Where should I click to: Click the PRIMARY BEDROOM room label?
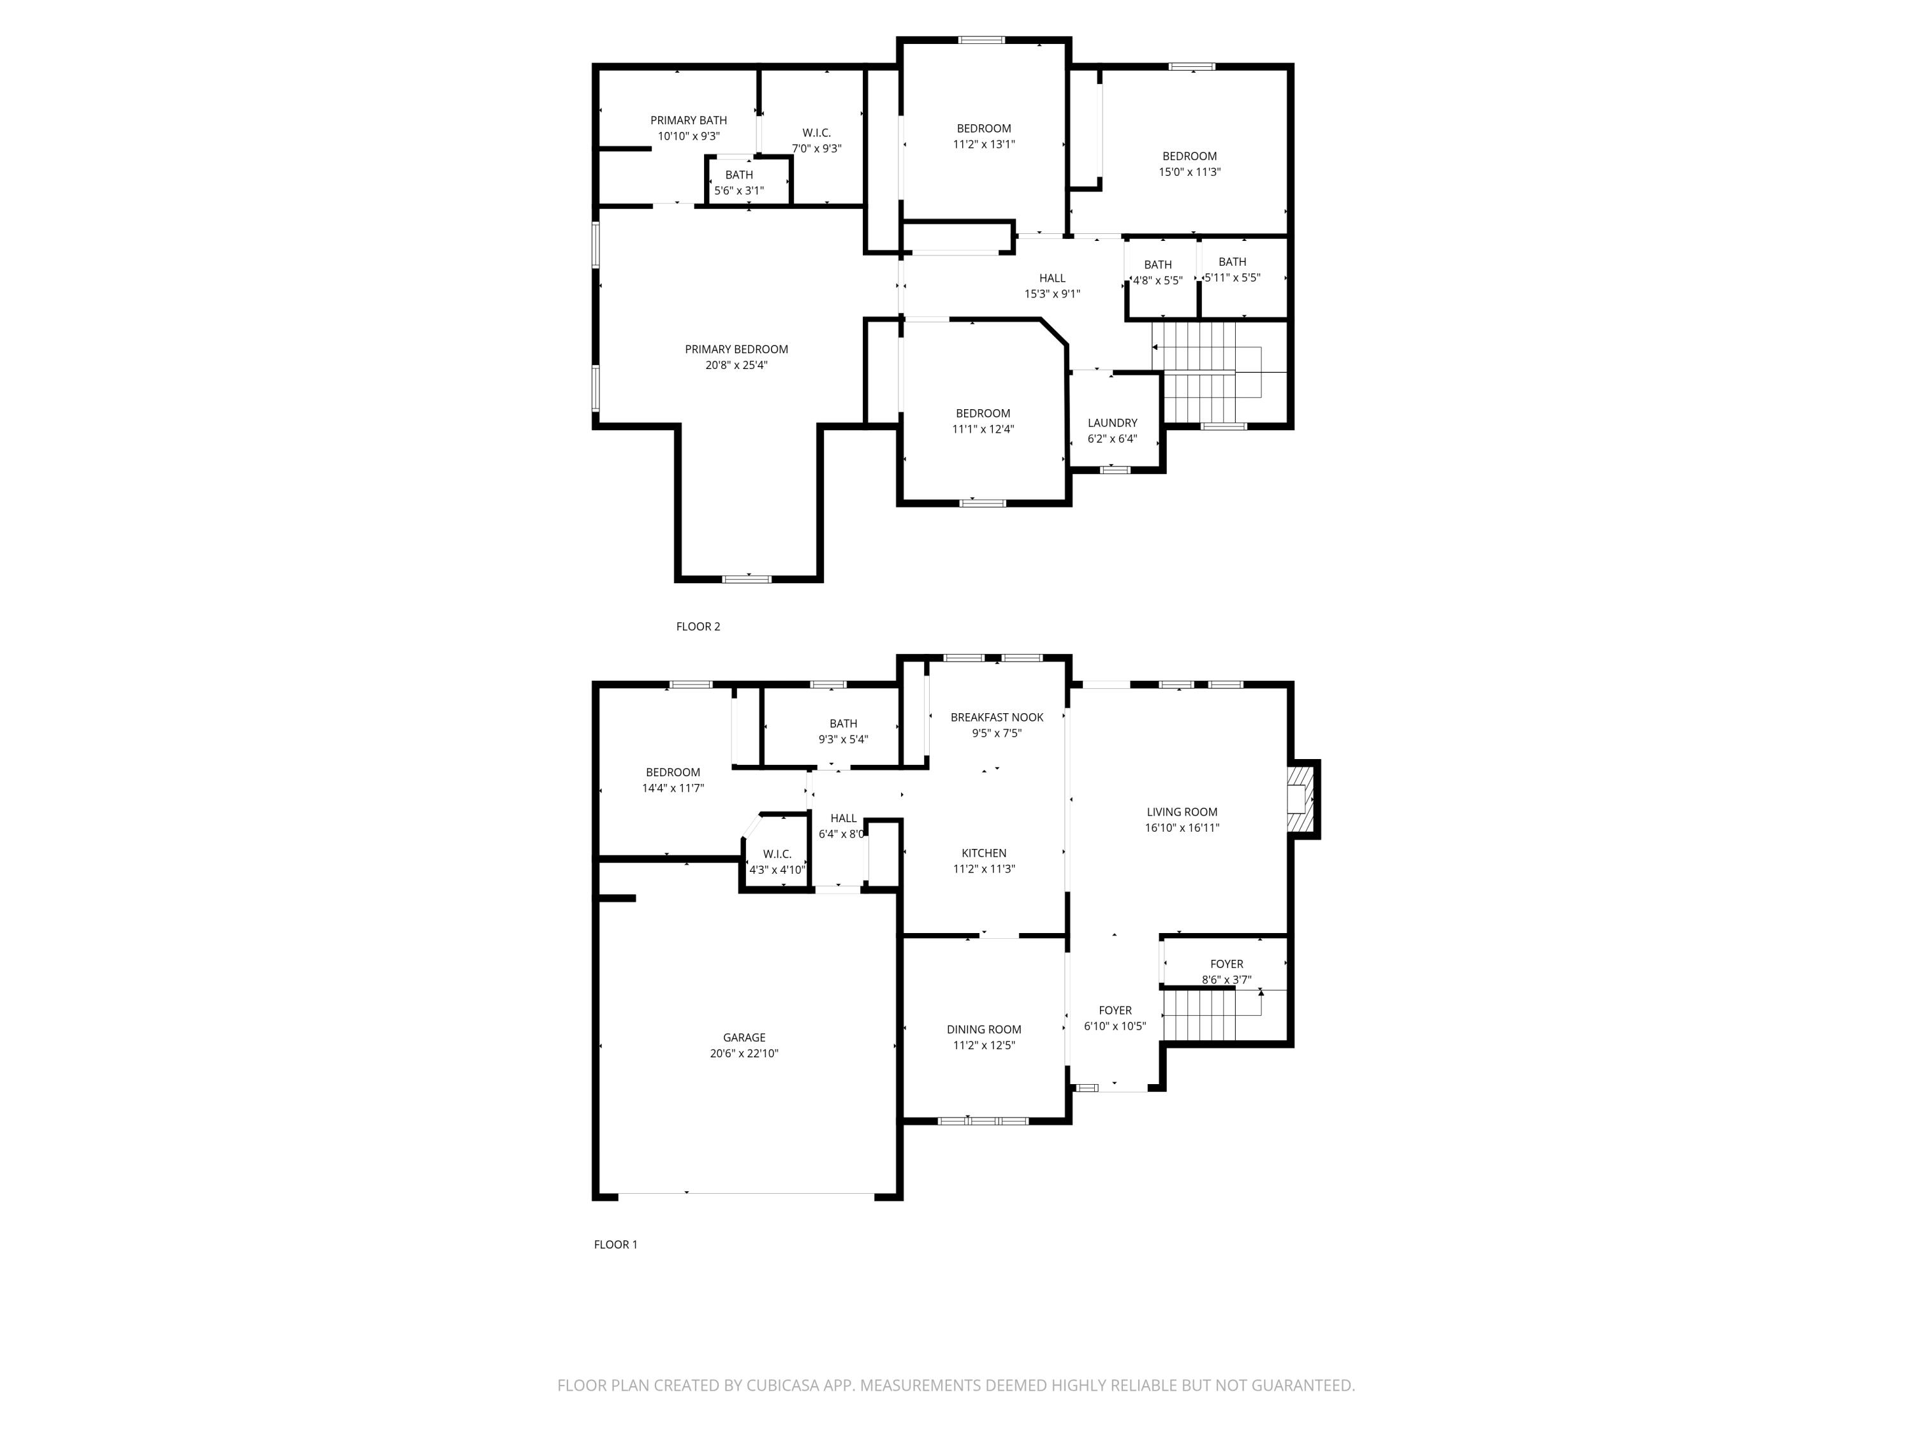(736, 349)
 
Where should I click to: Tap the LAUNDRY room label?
(1112, 423)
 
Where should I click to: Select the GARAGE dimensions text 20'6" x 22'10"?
(744, 1054)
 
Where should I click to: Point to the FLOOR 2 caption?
(698, 626)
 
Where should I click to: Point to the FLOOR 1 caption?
(615, 1245)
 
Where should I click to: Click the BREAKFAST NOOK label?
(996, 718)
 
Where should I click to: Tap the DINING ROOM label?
(983, 1029)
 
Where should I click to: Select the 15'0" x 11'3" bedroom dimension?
(1189, 172)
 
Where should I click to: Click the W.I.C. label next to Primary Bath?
(816, 133)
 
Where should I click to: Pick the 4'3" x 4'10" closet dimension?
(777, 869)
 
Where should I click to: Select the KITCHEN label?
(983, 853)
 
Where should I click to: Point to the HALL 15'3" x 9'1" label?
(1052, 279)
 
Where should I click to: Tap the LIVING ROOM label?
(1182, 812)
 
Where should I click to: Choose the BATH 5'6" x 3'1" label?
(738, 175)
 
